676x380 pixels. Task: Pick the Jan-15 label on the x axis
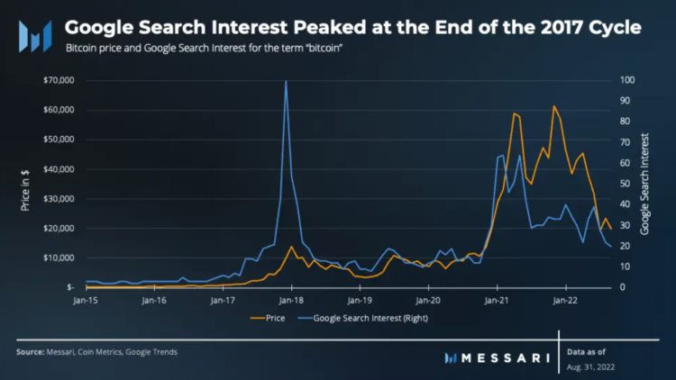[x=86, y=300]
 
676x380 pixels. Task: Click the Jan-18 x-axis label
[x=290, y=300]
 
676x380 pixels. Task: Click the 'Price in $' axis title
[x=26, y=184]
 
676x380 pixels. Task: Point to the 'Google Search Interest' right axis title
[x=645, y=184]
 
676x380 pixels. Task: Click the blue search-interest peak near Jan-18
[x=287, y=82]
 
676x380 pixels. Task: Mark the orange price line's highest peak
[x=554, y=106]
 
